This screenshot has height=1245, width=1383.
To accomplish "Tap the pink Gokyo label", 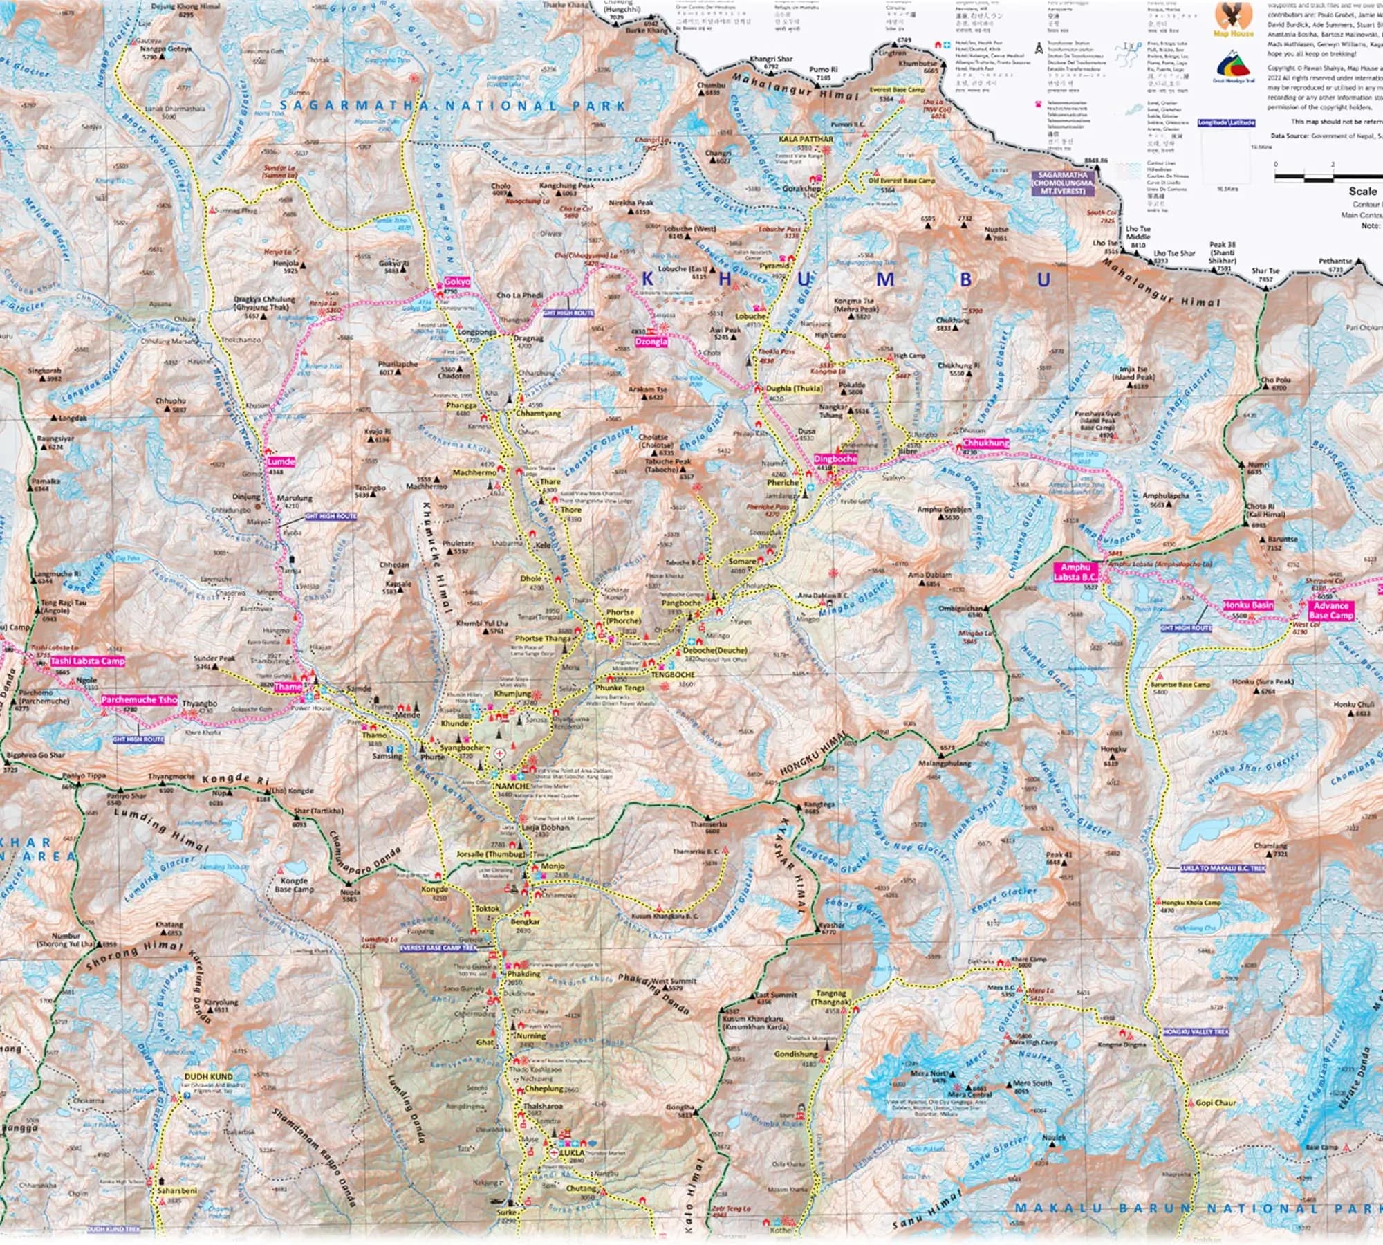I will pos(457,282).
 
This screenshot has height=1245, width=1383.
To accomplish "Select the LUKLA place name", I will pos(574,1153).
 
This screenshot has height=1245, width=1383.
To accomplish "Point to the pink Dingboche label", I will pos(835,459).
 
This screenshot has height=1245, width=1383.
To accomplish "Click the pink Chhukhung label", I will pos(985,443).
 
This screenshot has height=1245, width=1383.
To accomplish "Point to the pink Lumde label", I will pos(281,461).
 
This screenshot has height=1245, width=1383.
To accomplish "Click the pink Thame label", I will pos(287,687).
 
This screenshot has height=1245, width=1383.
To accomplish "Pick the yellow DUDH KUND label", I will pos(208,1077).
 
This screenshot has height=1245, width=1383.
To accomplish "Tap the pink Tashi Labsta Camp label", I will pos(88,661).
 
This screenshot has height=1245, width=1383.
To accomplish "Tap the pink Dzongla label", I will pos(651,341).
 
